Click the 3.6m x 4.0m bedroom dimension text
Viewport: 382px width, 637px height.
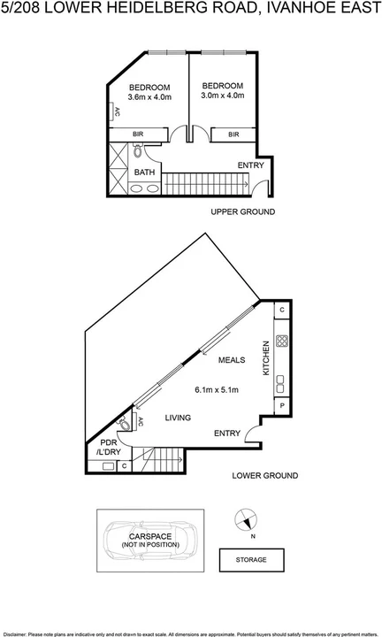(149, 96)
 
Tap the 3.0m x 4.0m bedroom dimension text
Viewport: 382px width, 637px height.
(222, 95)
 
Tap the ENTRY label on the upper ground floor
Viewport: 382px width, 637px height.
(250, 165)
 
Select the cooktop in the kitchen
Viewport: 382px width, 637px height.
(281, 343)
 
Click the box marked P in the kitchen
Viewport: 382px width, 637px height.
(281, 406)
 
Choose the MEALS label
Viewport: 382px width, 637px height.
(233, 360)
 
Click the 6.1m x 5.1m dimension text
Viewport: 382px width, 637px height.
(218, 389)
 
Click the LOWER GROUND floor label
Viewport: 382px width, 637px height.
(264, 476)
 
